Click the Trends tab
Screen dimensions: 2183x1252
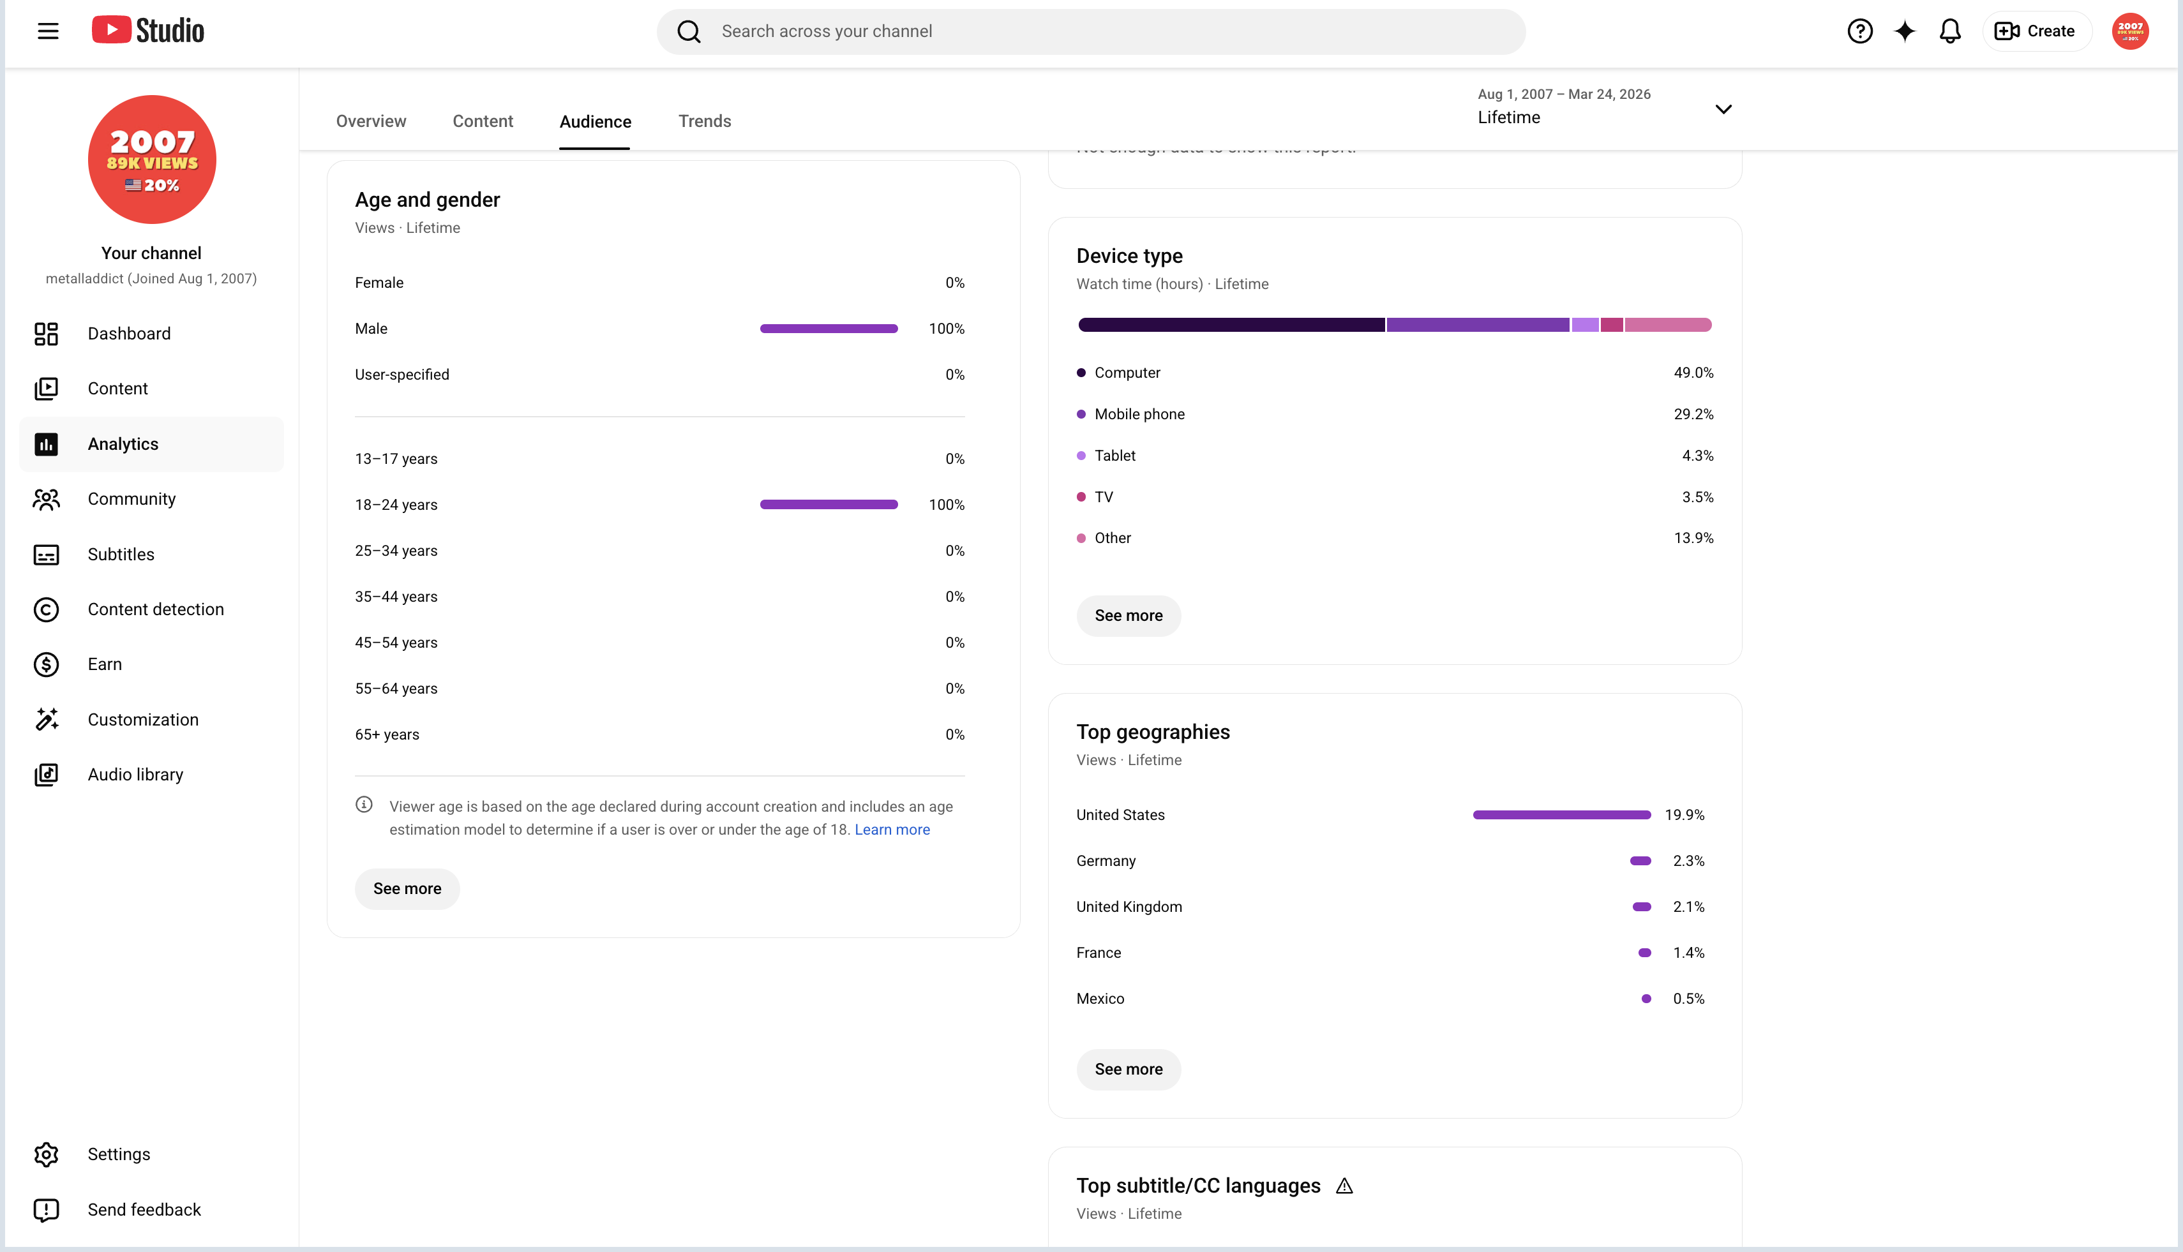tap(705, 121)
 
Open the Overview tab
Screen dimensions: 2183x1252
tap(371, 121)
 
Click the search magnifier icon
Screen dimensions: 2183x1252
tap(689, 32)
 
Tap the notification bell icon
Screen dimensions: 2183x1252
tap(1950, 32)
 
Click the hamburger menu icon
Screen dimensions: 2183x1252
tap(48, 32)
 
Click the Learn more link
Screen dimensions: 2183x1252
tap(892, 830)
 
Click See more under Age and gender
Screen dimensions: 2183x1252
tap(407, 888)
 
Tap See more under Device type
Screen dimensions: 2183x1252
tap(1129, 616)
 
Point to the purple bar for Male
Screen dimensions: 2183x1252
tap(829, 329)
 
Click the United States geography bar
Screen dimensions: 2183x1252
tap(1562, 814)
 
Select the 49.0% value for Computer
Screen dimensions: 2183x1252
tap(1693, 372)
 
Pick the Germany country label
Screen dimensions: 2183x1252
tap(1106, 861)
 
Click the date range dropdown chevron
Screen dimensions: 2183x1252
tap(1723, 109)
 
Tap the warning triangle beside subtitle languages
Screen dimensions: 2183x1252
tap(1344, 1186)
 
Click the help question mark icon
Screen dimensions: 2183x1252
tap(1859, 32)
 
